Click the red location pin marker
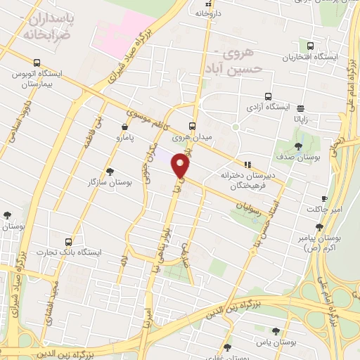pyautogui.click(x=181, y=165)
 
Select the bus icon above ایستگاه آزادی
pyautogui.click(x=267, y=97)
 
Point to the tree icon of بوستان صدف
pyautogui.click(x=299, y=146)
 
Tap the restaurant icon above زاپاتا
pyautogui.click(x=300, y=108)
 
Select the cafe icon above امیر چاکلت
pyautogui.click(x=324, y=198)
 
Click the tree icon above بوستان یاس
pyautogui.click(x=275, y=330)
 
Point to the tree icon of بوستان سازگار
pyautogui.click(x=109, y=172)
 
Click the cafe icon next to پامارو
pyautogui.click(x=124, y=127)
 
